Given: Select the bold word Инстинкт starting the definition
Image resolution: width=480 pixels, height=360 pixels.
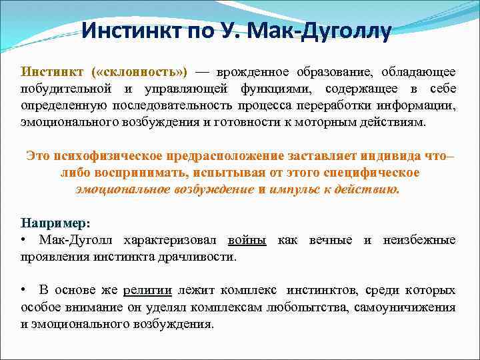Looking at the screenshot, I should click(x=52, y=71).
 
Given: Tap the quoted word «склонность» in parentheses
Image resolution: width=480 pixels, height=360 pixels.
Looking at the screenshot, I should click(x=139, y=71).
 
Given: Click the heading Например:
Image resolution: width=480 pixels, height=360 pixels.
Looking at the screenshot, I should click(x=55, y=222).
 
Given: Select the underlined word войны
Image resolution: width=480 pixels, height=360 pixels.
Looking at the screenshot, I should click(x=247, y=239).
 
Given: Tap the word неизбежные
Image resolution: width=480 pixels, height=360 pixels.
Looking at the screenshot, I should click(x=419, y=239).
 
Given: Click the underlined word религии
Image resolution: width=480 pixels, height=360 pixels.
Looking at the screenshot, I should click(x=147, y=290).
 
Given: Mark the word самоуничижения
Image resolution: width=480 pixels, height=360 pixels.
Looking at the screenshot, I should click(x=409, y=307).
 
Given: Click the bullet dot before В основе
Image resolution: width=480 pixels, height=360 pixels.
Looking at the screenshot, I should click(x=24, y=290).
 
